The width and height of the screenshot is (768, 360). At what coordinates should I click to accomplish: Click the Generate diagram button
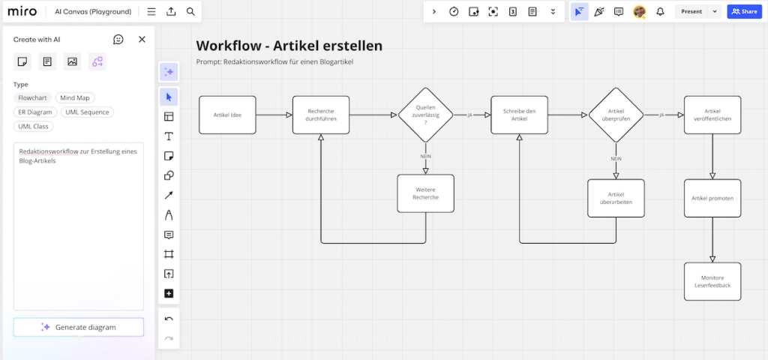coord(78,327)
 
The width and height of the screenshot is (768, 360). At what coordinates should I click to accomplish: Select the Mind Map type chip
coord(74,97)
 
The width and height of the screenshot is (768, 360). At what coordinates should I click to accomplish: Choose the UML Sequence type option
coord(87,112)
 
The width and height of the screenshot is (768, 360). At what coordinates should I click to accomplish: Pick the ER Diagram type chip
coord(34,112)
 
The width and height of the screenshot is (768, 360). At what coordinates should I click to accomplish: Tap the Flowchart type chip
coord(32,97)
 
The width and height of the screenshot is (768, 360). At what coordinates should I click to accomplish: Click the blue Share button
coord(744,11)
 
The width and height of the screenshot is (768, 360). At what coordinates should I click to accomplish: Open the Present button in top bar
coord(691,11)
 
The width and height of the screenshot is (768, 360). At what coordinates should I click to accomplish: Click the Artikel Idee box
coord(226,115)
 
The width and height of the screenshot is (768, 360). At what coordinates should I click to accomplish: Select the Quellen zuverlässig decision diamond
coord(425,115)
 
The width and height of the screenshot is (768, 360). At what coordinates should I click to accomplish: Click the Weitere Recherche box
coord(425,193)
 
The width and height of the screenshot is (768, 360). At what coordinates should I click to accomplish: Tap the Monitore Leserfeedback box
coord(712,281)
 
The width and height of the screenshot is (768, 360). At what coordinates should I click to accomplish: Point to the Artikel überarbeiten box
coord(616,198)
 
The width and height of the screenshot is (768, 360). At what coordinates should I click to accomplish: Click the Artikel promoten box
coord(712,198)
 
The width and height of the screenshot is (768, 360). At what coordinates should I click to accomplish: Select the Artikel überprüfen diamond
coord(616,115)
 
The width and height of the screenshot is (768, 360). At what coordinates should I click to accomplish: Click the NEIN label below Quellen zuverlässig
coord(425,156)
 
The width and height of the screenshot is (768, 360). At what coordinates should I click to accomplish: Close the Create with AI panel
coord(142,39)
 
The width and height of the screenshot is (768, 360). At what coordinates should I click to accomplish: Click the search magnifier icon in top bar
coord(190,11)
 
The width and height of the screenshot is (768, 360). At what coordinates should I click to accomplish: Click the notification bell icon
coord(660,11)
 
